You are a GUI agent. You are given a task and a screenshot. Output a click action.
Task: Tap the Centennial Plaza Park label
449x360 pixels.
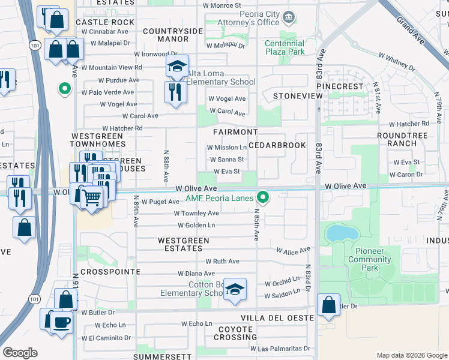point(285,48)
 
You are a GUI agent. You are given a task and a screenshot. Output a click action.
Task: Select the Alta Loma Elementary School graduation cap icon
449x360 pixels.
point(177,66)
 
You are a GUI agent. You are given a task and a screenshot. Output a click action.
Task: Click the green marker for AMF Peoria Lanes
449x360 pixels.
point(262,196)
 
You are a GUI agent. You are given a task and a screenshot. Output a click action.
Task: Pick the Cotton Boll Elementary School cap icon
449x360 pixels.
point(235,289)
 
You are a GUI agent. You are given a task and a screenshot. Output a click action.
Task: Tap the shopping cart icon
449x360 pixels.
point(91,196)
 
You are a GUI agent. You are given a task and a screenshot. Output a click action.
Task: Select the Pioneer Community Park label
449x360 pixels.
point(370,255)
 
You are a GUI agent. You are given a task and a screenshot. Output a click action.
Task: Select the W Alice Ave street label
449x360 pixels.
point(293,250)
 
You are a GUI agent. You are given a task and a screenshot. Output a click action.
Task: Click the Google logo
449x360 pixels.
point(20,353)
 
